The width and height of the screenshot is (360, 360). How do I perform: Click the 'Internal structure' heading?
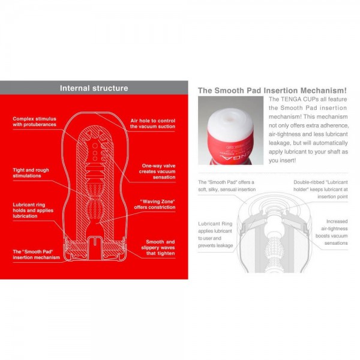[x=94, y=88]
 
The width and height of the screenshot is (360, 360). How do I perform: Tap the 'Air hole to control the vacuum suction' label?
[x=153, y=124]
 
